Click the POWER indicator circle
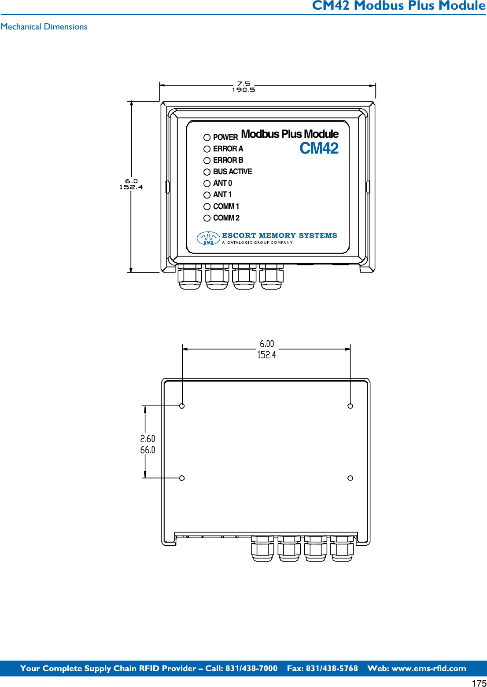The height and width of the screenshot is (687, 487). pyautogui.click(x=207, y=137)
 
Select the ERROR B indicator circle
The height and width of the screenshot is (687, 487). pyautogui.click(x=207, y=161)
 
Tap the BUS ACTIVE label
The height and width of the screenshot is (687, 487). pyautogui.click(x=232, y=172)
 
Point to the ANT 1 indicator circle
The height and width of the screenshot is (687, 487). pyautogui.click(x=207, y=195)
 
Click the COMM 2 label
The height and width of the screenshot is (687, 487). pyautogui.click(x=226, y=218)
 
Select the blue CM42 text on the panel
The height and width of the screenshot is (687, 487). pyautogui.click(x=319, y=149)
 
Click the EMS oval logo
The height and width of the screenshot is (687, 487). pyautogui.click(x=208, y=238)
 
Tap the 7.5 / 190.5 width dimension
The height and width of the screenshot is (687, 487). pyautogui.click(x=243, y=87)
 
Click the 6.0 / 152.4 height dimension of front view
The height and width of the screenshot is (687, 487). pyautogui.click(x=131, y=184)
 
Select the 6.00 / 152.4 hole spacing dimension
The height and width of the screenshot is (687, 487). pyautogui.click(x=267, y=349)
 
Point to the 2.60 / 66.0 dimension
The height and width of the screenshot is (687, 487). pyautogui.click(x=148, y=445)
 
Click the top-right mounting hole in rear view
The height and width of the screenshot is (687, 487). pyautogui.click(x=350, y=406)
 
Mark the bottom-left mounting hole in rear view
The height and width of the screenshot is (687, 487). pyautogui.click(x=182, y=478)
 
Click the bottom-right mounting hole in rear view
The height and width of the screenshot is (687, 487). pyautogui.click(x=350, y=478)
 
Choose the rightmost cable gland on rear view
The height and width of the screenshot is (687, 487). pyautogui.click(x=342, y=549)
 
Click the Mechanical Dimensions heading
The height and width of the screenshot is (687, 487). pyautogui.click(x=44, y=27)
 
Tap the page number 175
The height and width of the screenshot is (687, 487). pyautogui.click(x=479, y=683)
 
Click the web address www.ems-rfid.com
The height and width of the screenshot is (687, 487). pyautogui.click(x=428, y=669)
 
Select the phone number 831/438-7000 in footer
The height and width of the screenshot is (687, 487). pyautogui.click(x=251, y=669)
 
